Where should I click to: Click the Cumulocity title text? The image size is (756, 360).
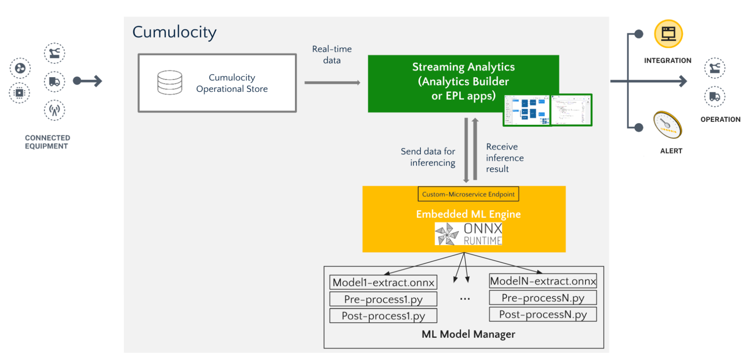click(x=174, y=33)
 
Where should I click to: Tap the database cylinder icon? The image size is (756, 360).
click(x=169, y=82)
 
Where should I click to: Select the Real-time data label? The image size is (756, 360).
click(x=332, y=54)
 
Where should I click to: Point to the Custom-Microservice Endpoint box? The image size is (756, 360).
click(x=468, y=194)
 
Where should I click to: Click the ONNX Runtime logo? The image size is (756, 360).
click(x=469, y=233)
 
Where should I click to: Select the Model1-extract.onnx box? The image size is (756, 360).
click(x=383, y=282)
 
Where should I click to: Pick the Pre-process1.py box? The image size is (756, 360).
click(x=383, y=299)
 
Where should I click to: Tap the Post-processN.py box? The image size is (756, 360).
click(x=543, y=314)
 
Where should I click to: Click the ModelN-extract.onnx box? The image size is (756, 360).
click(x=543, y=281)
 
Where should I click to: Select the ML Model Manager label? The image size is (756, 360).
click(x=468, y=334)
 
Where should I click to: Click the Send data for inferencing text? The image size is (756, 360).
click(x=428, y=157)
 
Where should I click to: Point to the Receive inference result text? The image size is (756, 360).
click(x=504, y=158)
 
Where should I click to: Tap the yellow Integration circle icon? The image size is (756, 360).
click(x=668, y=34)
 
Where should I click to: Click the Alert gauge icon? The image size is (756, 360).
click(x=668, y=125)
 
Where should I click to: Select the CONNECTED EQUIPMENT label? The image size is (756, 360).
click(x=47, y=142)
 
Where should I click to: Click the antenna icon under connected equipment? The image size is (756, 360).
click(x=54, y=110)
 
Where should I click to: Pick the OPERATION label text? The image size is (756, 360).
click(x=720, y=119)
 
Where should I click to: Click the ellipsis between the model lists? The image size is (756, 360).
click(x=465, y=299)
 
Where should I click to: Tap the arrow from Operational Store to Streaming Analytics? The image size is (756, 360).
click(x=332, y=82)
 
